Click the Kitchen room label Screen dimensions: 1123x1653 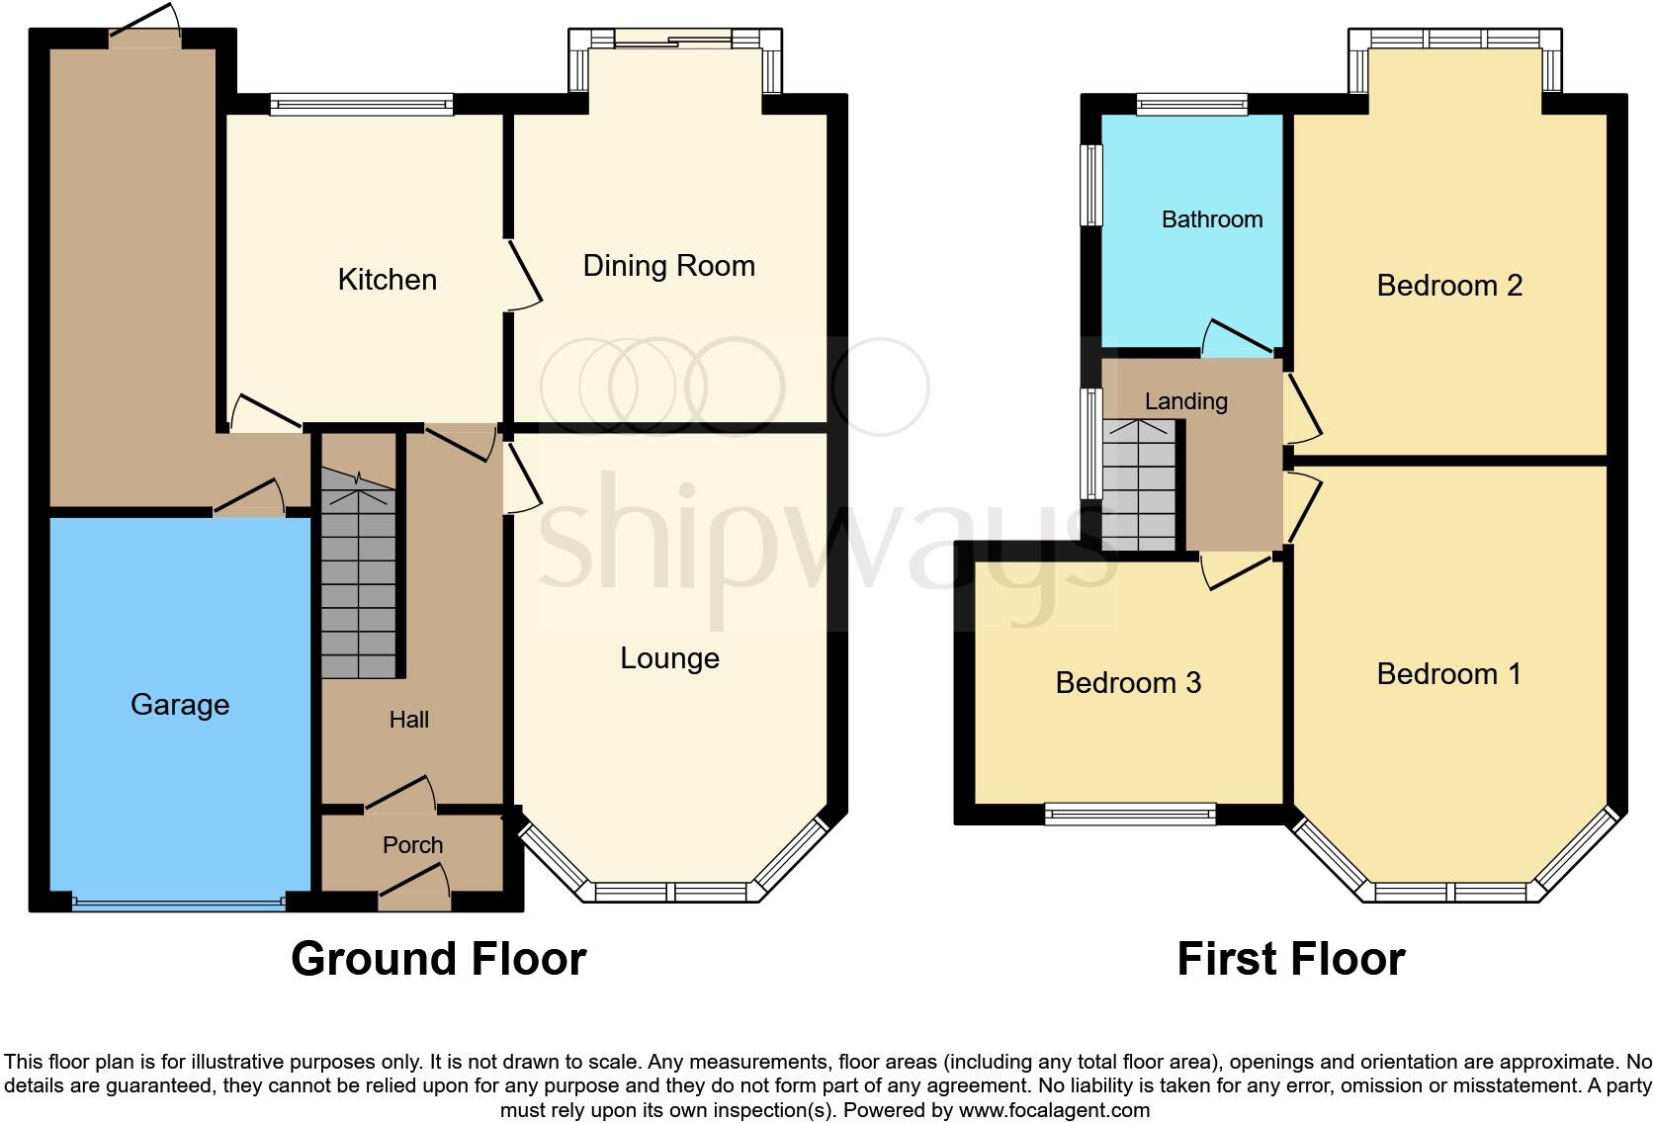tap(387, 280)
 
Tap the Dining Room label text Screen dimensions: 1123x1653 tap(668, 266)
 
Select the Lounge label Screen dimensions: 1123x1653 tap(669, 658)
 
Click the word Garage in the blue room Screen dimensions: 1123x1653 tap(180, 705)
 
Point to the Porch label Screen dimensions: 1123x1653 tap(412, 845)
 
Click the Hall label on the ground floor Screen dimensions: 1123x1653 tap(408, 720)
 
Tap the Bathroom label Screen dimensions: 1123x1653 tap(1211, 219)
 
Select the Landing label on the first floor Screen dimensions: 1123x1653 tap(1185, 401)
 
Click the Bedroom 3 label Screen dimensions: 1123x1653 tap(1128, 683)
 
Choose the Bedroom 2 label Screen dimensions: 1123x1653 tap(1448, 286)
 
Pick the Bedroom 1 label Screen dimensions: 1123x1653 tap(1448, 674)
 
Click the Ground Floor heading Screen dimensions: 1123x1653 tap(438, 959)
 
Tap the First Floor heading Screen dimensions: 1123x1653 tap(1290, 959)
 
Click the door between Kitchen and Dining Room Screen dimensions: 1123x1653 tap(524, 276)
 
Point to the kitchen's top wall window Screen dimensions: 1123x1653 tap(362, 103)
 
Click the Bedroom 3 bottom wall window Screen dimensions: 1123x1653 tap(1130, 815)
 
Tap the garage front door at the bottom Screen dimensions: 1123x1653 tap(178, 901)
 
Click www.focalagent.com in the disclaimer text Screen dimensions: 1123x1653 tap(1054, 1110)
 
